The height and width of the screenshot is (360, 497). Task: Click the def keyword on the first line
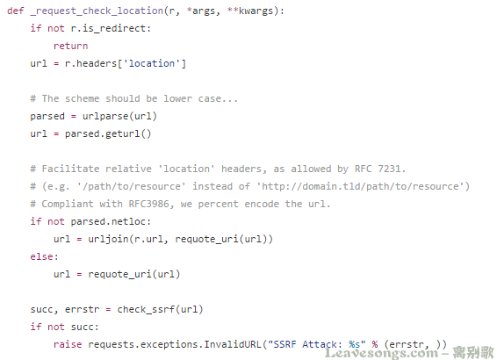pyautogui.click(x=16, y=11)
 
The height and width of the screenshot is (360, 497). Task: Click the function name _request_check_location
pyautogui.click(x=97, y=11)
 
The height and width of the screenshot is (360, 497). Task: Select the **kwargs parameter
pyautogui.click(x=250, y=11)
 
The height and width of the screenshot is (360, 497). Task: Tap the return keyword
pyautogui.click(x=70, y=46)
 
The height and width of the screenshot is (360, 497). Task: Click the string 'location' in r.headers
pyautogui.click(x=152, y=63)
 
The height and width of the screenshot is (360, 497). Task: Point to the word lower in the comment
pyautogui.click(x=178, y=98)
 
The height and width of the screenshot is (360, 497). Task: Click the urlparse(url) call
pyautogui.click(x=119, y=116)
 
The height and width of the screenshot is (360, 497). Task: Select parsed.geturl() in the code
pyautogui.click(x=108, y=133)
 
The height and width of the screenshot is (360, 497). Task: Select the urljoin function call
pyautogui.click(x=180, y=239)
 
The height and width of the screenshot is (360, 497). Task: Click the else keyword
pyautogui.click(x=41, y=256)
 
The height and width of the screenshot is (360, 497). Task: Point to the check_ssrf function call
pyautogui.click(x=160, y=309)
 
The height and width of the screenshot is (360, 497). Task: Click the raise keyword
pyautogui.click(x=68, y=344)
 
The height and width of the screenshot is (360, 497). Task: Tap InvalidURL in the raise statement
pyautogui.click(x=233, y=344)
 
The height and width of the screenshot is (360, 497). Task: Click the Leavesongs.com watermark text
pyautogui.click(x=381, y=353)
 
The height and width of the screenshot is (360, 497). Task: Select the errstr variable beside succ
pyautogui.click(x=82, y=309)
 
